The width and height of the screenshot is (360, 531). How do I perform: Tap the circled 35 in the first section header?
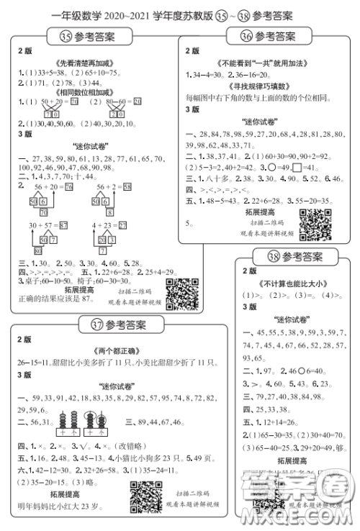point(66,36)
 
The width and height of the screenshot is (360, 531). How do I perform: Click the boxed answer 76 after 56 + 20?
point(69,186)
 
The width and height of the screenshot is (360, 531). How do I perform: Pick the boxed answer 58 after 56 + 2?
point(147,186)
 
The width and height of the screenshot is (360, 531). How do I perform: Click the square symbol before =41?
point(297,166)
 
